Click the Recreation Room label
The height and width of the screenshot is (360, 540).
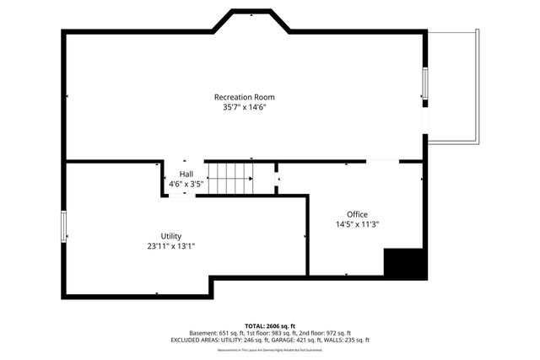coord(244,97)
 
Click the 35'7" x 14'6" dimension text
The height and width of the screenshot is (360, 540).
coord(244,108)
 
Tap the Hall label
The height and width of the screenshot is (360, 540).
coord(186,174)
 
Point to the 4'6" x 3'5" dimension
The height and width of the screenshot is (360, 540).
coord(186,184)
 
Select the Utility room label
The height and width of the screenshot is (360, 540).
coord(171,236)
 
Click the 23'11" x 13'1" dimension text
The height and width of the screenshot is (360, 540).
coord(171,247)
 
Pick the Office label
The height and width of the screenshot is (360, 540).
coord(357,214)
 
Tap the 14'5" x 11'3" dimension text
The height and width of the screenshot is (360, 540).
coord(357,225)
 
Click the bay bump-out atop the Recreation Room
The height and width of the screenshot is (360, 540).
coord(251,21)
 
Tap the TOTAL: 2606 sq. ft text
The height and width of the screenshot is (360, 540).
coord(270,325)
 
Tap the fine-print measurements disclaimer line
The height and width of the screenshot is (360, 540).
coord(270,350)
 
